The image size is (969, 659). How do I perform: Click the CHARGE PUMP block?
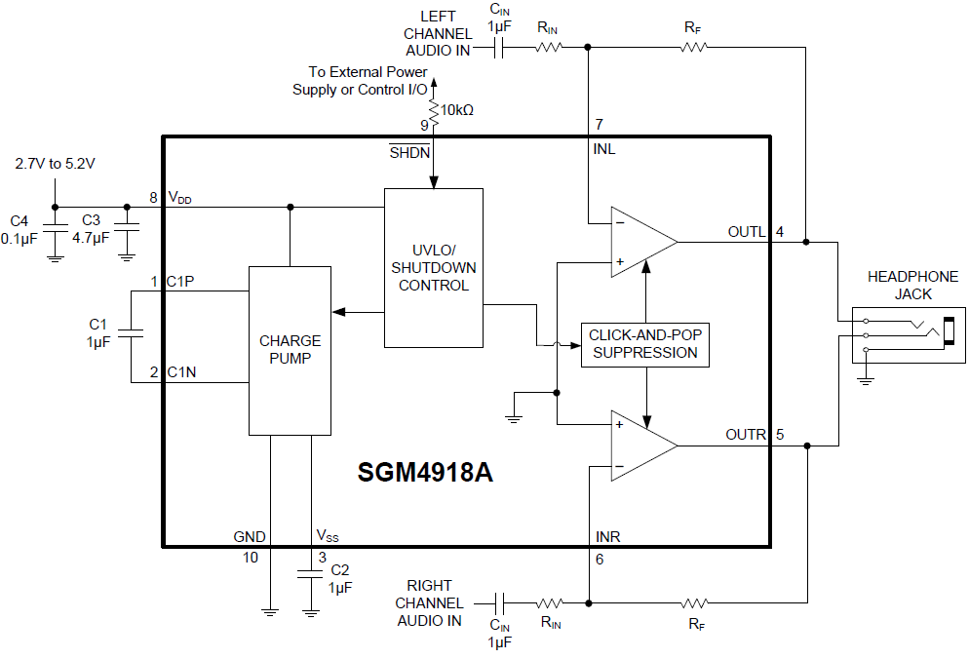(290, 350)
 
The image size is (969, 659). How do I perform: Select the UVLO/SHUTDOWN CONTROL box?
(434, 267)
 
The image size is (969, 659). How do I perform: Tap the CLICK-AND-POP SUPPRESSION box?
(644, 344)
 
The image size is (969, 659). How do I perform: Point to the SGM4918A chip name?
(425, 473)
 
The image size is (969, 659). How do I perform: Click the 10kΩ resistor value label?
(457, 110)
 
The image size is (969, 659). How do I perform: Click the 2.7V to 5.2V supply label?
(56, 164)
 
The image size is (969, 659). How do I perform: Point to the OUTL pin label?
(747, 232)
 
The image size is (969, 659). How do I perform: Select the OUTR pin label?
(746, 435)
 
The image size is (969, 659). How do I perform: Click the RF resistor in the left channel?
(693, 47)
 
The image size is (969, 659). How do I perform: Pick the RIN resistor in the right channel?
(550, 603)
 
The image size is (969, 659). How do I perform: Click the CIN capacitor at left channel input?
(501, 48)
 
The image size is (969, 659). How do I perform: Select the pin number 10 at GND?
(252, 558)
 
